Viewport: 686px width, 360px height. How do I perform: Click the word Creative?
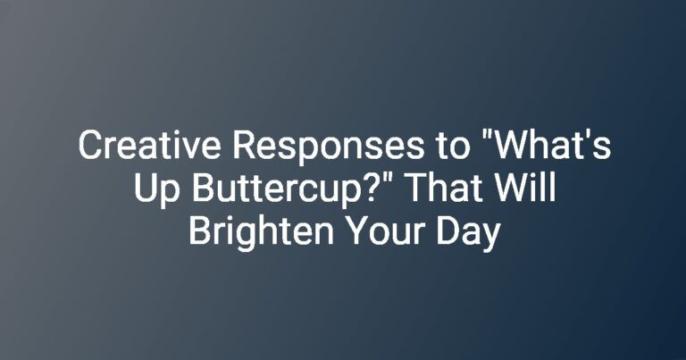click(x=149, y=146)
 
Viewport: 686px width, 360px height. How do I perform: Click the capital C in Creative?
click(x=89, y=146)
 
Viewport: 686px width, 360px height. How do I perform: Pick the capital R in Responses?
click(x=243, y=146)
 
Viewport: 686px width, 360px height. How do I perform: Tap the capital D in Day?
click(x=448, y=230)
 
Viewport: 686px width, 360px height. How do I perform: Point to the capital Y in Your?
click(x=356, y=230)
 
